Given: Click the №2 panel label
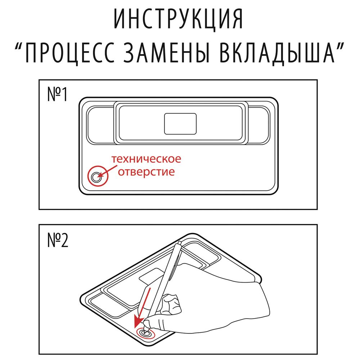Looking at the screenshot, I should pos(58,240).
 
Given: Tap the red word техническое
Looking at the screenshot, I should pos(146,159).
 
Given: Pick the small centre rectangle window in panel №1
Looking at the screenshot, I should pos(180,123).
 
